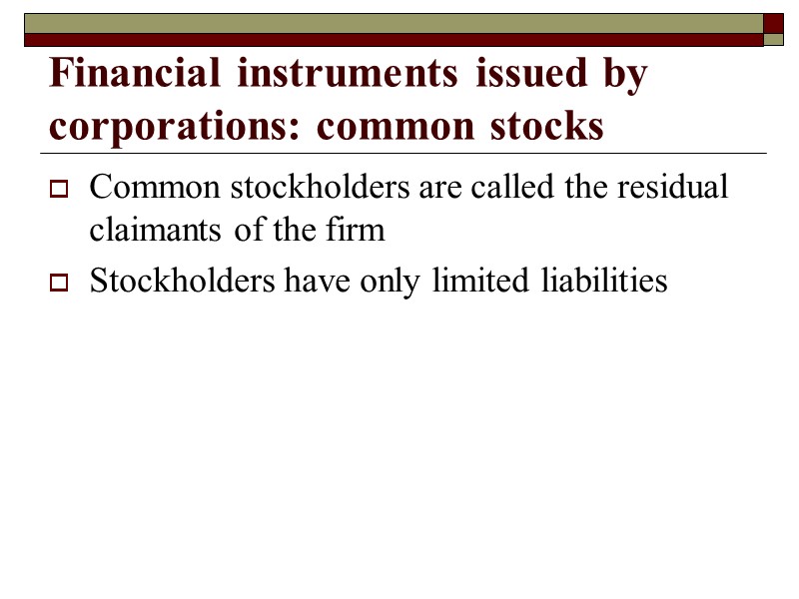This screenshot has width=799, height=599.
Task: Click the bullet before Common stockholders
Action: click(58, 188)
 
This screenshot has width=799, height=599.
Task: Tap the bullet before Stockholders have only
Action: click(58, 284)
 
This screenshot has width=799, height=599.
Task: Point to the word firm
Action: click(355, 231)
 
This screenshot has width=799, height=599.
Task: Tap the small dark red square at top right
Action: click(773, 22)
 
